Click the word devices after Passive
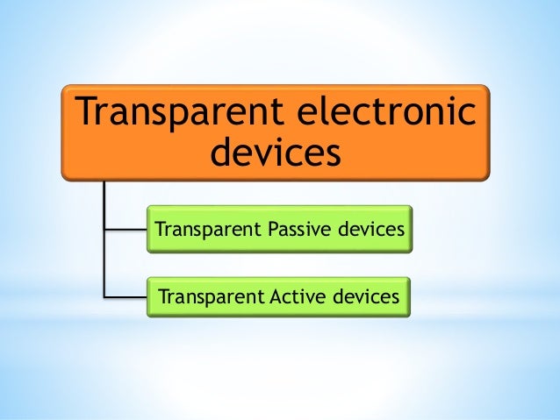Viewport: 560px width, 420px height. [369, 230]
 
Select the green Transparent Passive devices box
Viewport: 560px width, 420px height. [278, 230]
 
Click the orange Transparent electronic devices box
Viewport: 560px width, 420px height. [275, 132]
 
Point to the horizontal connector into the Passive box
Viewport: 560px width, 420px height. [124, 231]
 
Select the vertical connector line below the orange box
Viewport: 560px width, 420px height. [103, 237]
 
